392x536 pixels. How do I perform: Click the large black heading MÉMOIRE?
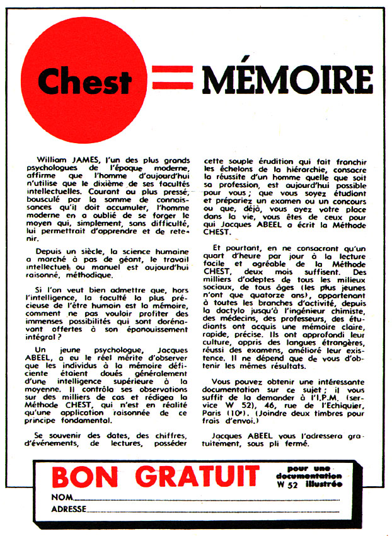[x=287, y=78]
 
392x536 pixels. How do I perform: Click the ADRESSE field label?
[x=68, y=509]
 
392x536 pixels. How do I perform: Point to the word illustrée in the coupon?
[x=326, y=484]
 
